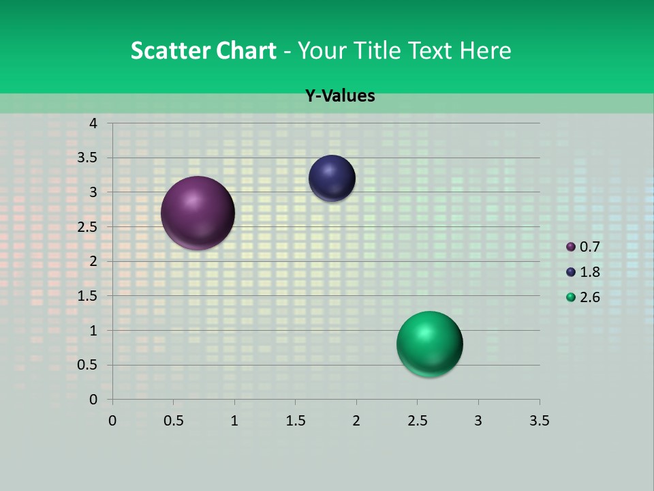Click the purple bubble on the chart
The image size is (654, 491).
(x=198, y=213)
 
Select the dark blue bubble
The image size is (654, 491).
(x=332, y=178)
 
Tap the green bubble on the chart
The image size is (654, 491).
(x=429, y=344)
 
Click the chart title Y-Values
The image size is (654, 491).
(x=340, y=96)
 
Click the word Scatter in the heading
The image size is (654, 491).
(x=170, y=50)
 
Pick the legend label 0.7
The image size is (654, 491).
(x=590, y=247)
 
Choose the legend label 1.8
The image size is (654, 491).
(x=590, y=272)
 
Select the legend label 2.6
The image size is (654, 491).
(x=590, y=297)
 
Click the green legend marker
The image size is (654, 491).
(x=571, y=297)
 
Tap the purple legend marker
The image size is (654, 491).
(x=571, y=247)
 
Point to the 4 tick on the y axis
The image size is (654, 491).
(x=93, y=123)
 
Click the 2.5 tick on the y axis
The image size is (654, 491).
(x=87, y=227)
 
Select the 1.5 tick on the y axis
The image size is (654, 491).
(x=87, y=296)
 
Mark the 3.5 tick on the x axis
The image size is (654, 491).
(x=539, y=421)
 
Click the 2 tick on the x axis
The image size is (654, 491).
(x=356, y=421)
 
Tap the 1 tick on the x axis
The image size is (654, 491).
(x=234, y=421)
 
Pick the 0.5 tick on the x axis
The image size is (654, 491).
(x=174, y=421)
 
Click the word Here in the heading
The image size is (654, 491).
(x=485, y=50)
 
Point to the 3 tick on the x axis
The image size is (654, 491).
(x=478, y=421)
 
